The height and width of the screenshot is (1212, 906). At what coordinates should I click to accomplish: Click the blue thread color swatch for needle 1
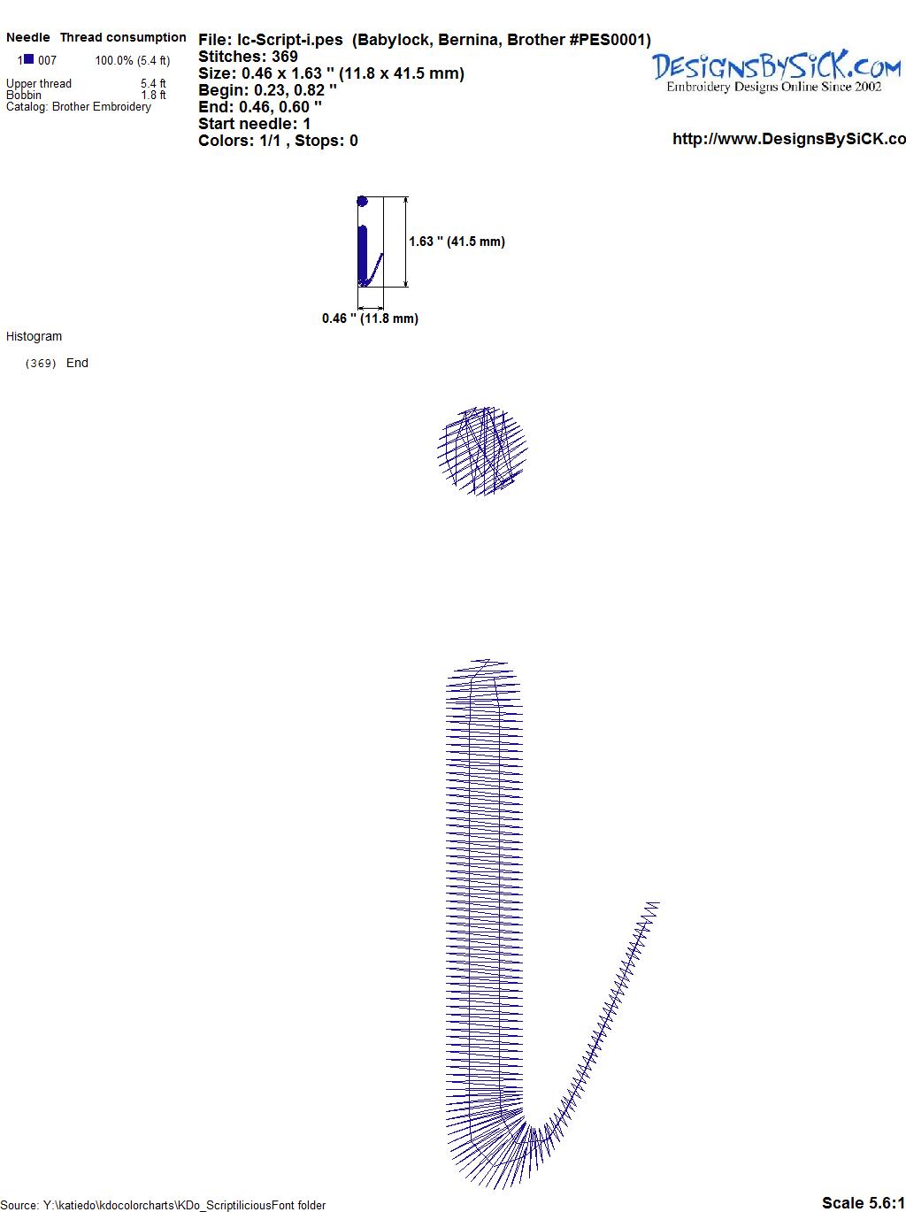28,59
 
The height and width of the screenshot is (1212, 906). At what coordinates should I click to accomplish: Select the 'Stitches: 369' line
248,57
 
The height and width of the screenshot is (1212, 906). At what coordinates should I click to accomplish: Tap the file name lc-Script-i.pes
290,40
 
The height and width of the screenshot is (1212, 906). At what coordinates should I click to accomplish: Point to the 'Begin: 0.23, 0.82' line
267,90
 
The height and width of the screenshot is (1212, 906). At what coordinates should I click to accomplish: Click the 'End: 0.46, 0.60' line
260,106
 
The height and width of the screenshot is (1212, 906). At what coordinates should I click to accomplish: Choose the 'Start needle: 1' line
254,124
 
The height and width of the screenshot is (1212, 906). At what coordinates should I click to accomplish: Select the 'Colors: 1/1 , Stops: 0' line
278,141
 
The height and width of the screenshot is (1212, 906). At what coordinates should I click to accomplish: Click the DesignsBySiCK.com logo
776,72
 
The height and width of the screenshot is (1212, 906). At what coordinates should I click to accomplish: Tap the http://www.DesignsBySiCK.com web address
789,139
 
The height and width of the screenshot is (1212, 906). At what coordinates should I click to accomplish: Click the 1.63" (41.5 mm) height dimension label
457,242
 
